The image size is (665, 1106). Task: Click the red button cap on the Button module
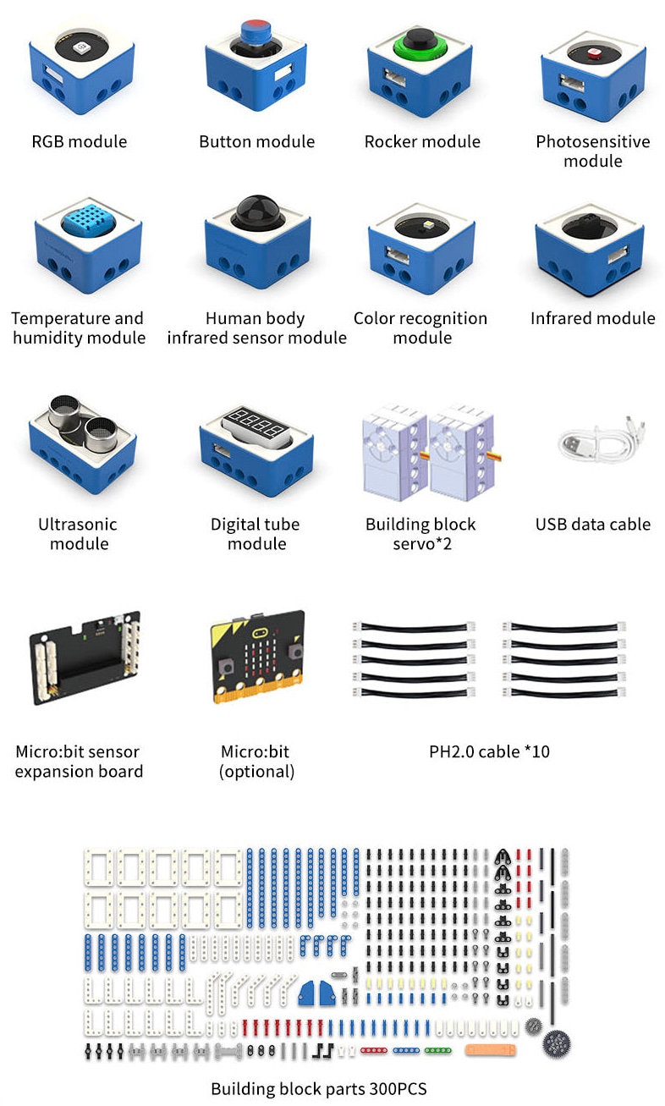(x=255, y=30)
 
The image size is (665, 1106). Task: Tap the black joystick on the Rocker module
(x=420, y=39)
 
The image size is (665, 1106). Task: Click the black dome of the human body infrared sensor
(x=255, y=212)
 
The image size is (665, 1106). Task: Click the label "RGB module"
(x=79, y=141)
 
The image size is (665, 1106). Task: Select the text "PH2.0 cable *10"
(x=489, y=751)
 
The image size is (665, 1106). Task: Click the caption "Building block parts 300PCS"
(x=319, y=1088)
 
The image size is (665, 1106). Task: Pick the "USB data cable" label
(x=593, y=525)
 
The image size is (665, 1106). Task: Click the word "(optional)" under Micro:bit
(x=256, y=771)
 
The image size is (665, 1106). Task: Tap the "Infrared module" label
(x=593, y=318)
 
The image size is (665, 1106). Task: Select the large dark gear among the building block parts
(x=556, y=1043)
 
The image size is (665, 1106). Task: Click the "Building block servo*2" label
(x=421, y=534)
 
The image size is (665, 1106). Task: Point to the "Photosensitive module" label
(x=593, y=151)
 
